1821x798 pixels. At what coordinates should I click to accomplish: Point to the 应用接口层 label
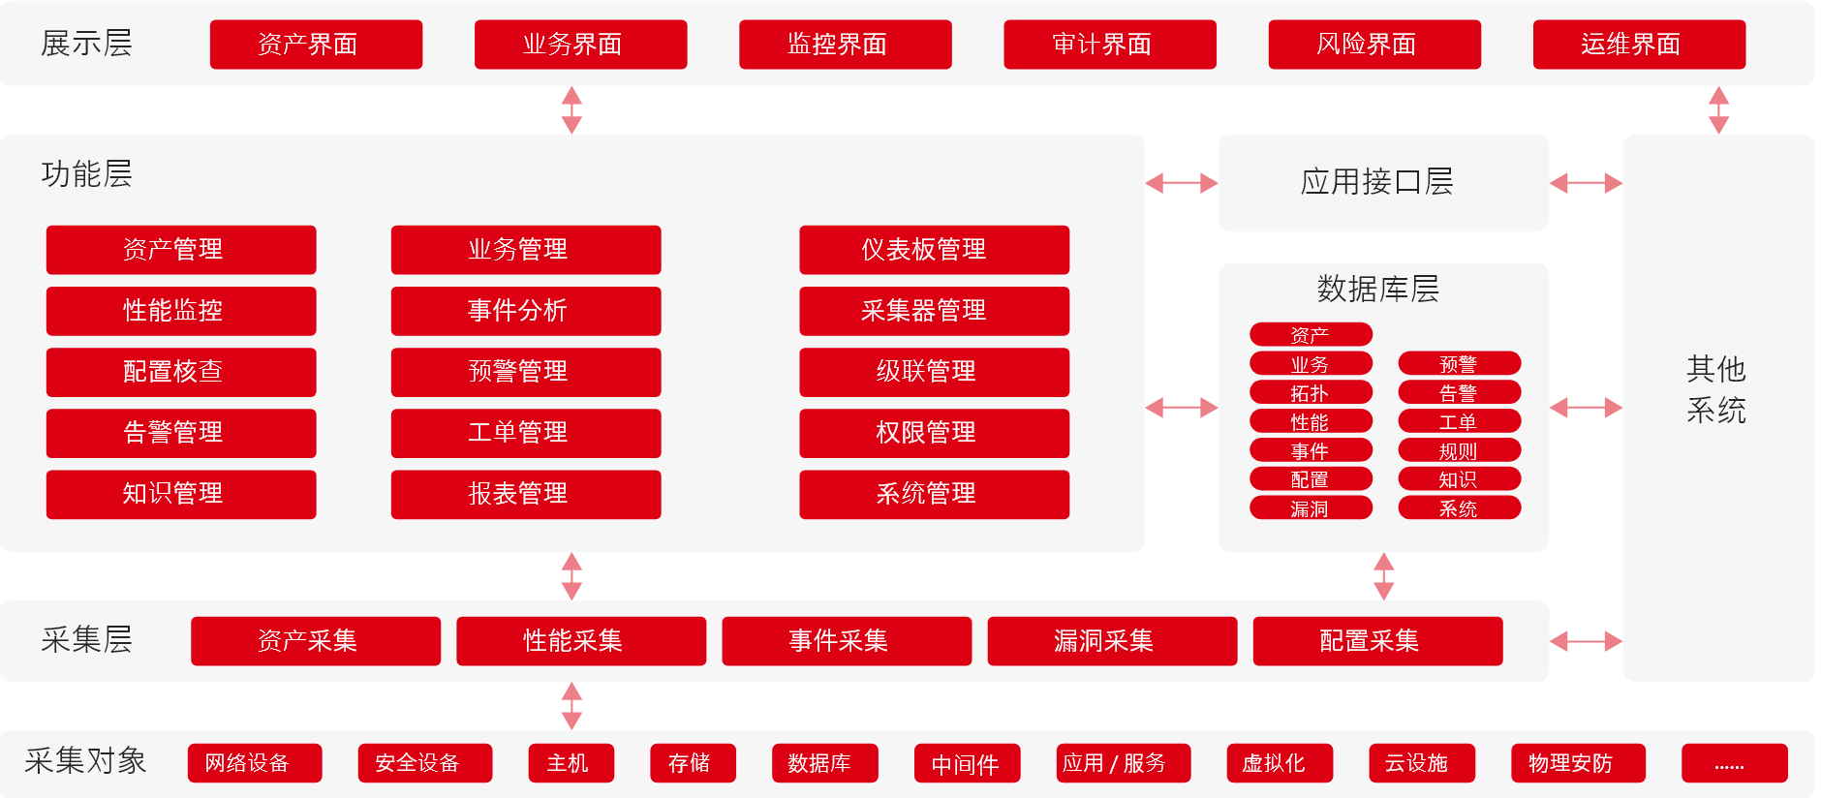coord(1376,182)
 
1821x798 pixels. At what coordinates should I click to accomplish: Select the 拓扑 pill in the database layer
coord(1311,393)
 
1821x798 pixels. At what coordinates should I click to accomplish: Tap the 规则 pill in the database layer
coord(1459,450)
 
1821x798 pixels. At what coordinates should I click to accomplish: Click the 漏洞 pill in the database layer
coord(1311,508)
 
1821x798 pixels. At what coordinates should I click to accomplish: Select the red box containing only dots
coord(1734,763)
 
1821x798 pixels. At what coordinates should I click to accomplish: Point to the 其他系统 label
coord(1716,389)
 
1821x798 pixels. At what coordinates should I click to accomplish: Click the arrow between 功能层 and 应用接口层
coord(1182,183)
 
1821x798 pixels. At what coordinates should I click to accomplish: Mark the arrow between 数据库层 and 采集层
coord(1384,576)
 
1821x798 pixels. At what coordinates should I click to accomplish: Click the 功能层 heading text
coord(87,174)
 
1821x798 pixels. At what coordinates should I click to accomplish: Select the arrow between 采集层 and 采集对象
coord(571,706)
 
